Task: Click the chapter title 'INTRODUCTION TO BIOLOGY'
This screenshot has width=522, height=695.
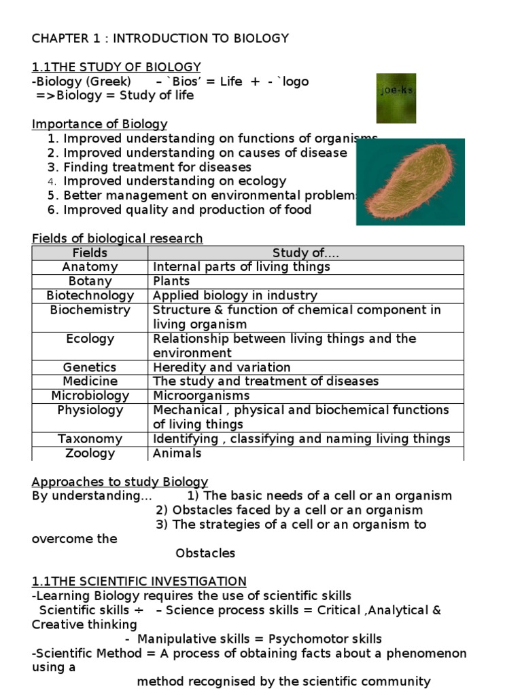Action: point(201,38)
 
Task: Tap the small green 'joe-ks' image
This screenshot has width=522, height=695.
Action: point(396,98)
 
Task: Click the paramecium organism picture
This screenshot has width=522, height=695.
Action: point(410,182)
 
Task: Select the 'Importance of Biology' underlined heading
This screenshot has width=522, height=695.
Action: point(99,124)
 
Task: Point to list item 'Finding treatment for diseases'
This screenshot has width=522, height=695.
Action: point(157,167)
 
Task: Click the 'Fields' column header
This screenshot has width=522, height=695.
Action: point(90,253)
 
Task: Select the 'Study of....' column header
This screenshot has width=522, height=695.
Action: point(305,253)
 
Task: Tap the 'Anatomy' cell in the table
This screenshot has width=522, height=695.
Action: point(90,267)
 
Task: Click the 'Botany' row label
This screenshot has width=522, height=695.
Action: point(90,282)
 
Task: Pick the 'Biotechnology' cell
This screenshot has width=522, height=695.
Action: point(90,296)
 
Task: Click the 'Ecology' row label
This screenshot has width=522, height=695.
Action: point(90,339)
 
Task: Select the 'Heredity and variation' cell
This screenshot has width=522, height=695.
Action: point(222,367)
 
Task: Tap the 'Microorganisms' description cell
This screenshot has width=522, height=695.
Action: point(201,396)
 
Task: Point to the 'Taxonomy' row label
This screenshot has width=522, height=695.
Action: point(90,439)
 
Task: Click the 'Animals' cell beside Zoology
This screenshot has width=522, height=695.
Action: point(177,453)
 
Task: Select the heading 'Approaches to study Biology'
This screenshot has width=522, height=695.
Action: point(120,482)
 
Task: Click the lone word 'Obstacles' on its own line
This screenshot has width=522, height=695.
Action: point(205,553)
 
